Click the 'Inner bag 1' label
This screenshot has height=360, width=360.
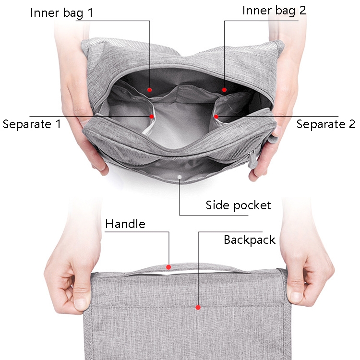click(62, 13)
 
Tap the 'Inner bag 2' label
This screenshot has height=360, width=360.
click(274, 11)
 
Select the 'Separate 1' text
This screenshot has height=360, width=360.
click(32, 124)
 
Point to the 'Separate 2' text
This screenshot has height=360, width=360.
click(326, 124)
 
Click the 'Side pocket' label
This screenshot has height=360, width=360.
click(238, 205)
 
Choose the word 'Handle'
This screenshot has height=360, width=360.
click(125, 224)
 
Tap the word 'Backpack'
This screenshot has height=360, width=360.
click(250, 240)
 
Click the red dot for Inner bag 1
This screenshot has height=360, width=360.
click(150, 90)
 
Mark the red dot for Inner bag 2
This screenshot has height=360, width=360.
click(224, 90)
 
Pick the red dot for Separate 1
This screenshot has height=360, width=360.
click(152, 117)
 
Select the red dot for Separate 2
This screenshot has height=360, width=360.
click(216, 117)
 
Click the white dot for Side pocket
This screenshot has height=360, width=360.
click(180, 177)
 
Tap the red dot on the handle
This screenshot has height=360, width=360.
click(168, 267)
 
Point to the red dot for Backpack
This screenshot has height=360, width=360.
click(198, 307)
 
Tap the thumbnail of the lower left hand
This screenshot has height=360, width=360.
click(80, 304)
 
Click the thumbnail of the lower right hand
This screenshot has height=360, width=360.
click(297, 297)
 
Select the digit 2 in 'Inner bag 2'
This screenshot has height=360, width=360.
click(302, 11)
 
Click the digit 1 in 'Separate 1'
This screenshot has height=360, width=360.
click(59, 124)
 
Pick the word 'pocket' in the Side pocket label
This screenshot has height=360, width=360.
click(252, 206)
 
